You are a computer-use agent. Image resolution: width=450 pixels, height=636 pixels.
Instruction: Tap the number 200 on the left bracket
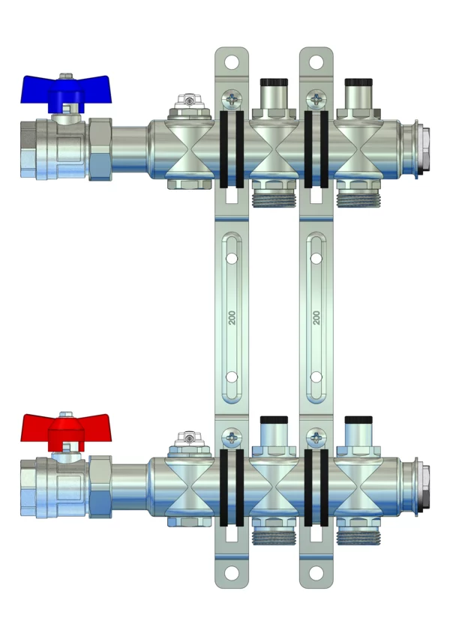[232, 317]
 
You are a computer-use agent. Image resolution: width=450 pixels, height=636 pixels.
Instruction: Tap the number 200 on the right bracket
[317, 317]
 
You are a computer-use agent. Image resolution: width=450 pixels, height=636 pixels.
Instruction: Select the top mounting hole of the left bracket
[231, 62]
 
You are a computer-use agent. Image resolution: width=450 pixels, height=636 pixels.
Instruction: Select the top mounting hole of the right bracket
[316, 62]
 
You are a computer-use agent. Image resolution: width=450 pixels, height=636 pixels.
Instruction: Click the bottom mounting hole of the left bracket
[231, 573]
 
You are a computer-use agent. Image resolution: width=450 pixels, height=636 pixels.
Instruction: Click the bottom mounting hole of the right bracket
[316, 573]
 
